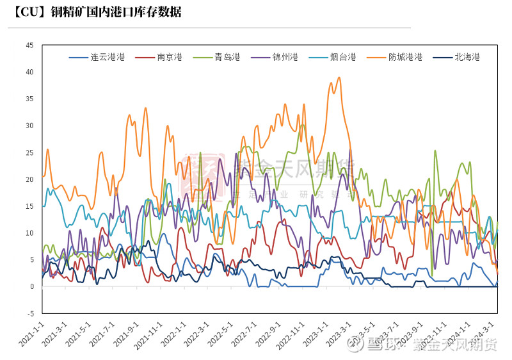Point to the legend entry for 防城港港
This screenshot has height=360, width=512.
(405, 57)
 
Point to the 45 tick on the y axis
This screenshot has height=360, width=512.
(29, 45)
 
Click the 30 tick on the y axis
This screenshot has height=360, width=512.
(29, 126)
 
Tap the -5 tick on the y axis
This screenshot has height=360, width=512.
(29, 314)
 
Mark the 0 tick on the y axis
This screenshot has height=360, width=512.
(31, 287)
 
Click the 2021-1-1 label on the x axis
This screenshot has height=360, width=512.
(31, 334)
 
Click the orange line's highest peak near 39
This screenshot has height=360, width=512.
(339, 78)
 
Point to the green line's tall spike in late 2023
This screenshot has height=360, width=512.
(435, 151)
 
